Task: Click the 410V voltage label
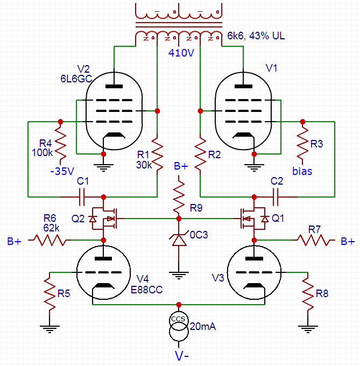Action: (181, 53)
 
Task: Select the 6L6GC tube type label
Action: (76, 79)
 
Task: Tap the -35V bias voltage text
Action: (62, 171)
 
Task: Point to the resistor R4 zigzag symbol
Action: (60, 144)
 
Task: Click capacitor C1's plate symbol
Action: (82, 197)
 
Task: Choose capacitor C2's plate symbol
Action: (276, 197)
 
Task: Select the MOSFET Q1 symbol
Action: (255, 219)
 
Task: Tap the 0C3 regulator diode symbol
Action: (179, 240)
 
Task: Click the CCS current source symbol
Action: (179, 326)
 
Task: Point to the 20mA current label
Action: (203, 326)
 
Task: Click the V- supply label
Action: (181, 356)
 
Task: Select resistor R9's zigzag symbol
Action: (179, 197)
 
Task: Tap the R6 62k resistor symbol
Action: (50, 240)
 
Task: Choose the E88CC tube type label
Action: (147, 290)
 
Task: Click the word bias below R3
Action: (302, 171)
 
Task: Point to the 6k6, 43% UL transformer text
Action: (256, 36)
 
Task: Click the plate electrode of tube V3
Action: (255, 258)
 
